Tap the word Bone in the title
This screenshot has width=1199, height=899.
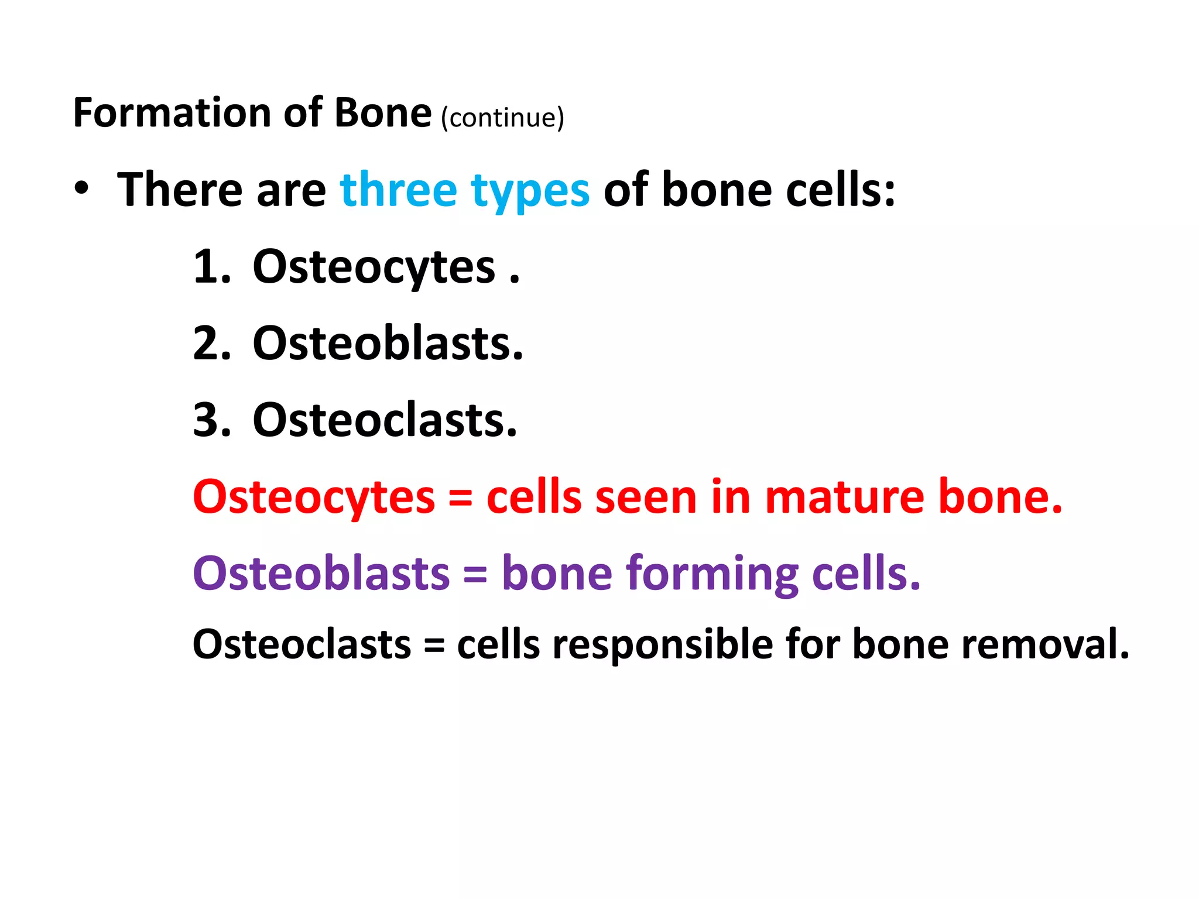382,113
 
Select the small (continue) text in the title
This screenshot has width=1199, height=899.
502,118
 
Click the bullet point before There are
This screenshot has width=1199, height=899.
82,188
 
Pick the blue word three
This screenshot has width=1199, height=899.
398,190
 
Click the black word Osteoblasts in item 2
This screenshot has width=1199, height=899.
388,344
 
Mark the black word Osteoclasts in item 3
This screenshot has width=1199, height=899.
385,420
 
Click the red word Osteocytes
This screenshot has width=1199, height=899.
314,498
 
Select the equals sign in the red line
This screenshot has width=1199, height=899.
460,499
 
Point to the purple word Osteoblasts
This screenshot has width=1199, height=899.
321,573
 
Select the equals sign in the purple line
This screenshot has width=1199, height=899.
475,575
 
